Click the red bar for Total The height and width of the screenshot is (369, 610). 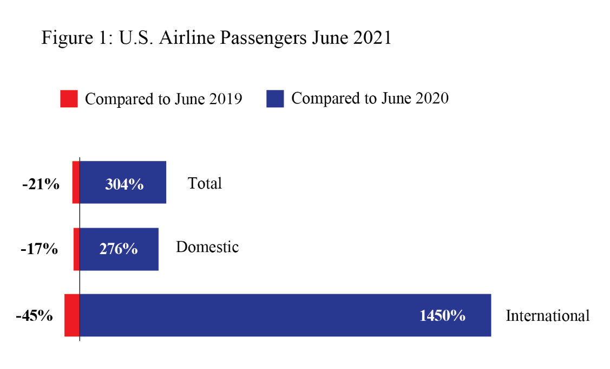coord(76,182)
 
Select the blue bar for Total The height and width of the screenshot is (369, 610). coord(123,182)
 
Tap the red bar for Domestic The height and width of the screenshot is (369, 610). coord(76,249)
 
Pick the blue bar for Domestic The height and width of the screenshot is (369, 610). coord(119,249)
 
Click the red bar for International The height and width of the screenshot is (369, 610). coord(72,315)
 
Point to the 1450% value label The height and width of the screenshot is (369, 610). coord(442,316)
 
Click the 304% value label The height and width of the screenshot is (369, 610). coord(124,184)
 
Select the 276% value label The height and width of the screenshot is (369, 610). coord(119,249)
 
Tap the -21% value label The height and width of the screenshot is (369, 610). coord(41,184)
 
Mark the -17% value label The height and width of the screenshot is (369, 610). coord(40,249)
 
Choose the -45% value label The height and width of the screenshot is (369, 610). coord(35,316)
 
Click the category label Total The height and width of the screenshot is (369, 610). coord(205,183)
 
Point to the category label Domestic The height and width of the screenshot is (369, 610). coord(207,247)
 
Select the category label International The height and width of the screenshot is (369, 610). coord(547,315)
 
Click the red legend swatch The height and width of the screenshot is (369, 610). coord(69,99)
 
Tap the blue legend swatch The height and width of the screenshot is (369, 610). coord(275,99)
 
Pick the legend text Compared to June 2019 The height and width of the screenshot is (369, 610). coord(163,99)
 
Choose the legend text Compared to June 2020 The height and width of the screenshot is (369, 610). coord(370,99)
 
